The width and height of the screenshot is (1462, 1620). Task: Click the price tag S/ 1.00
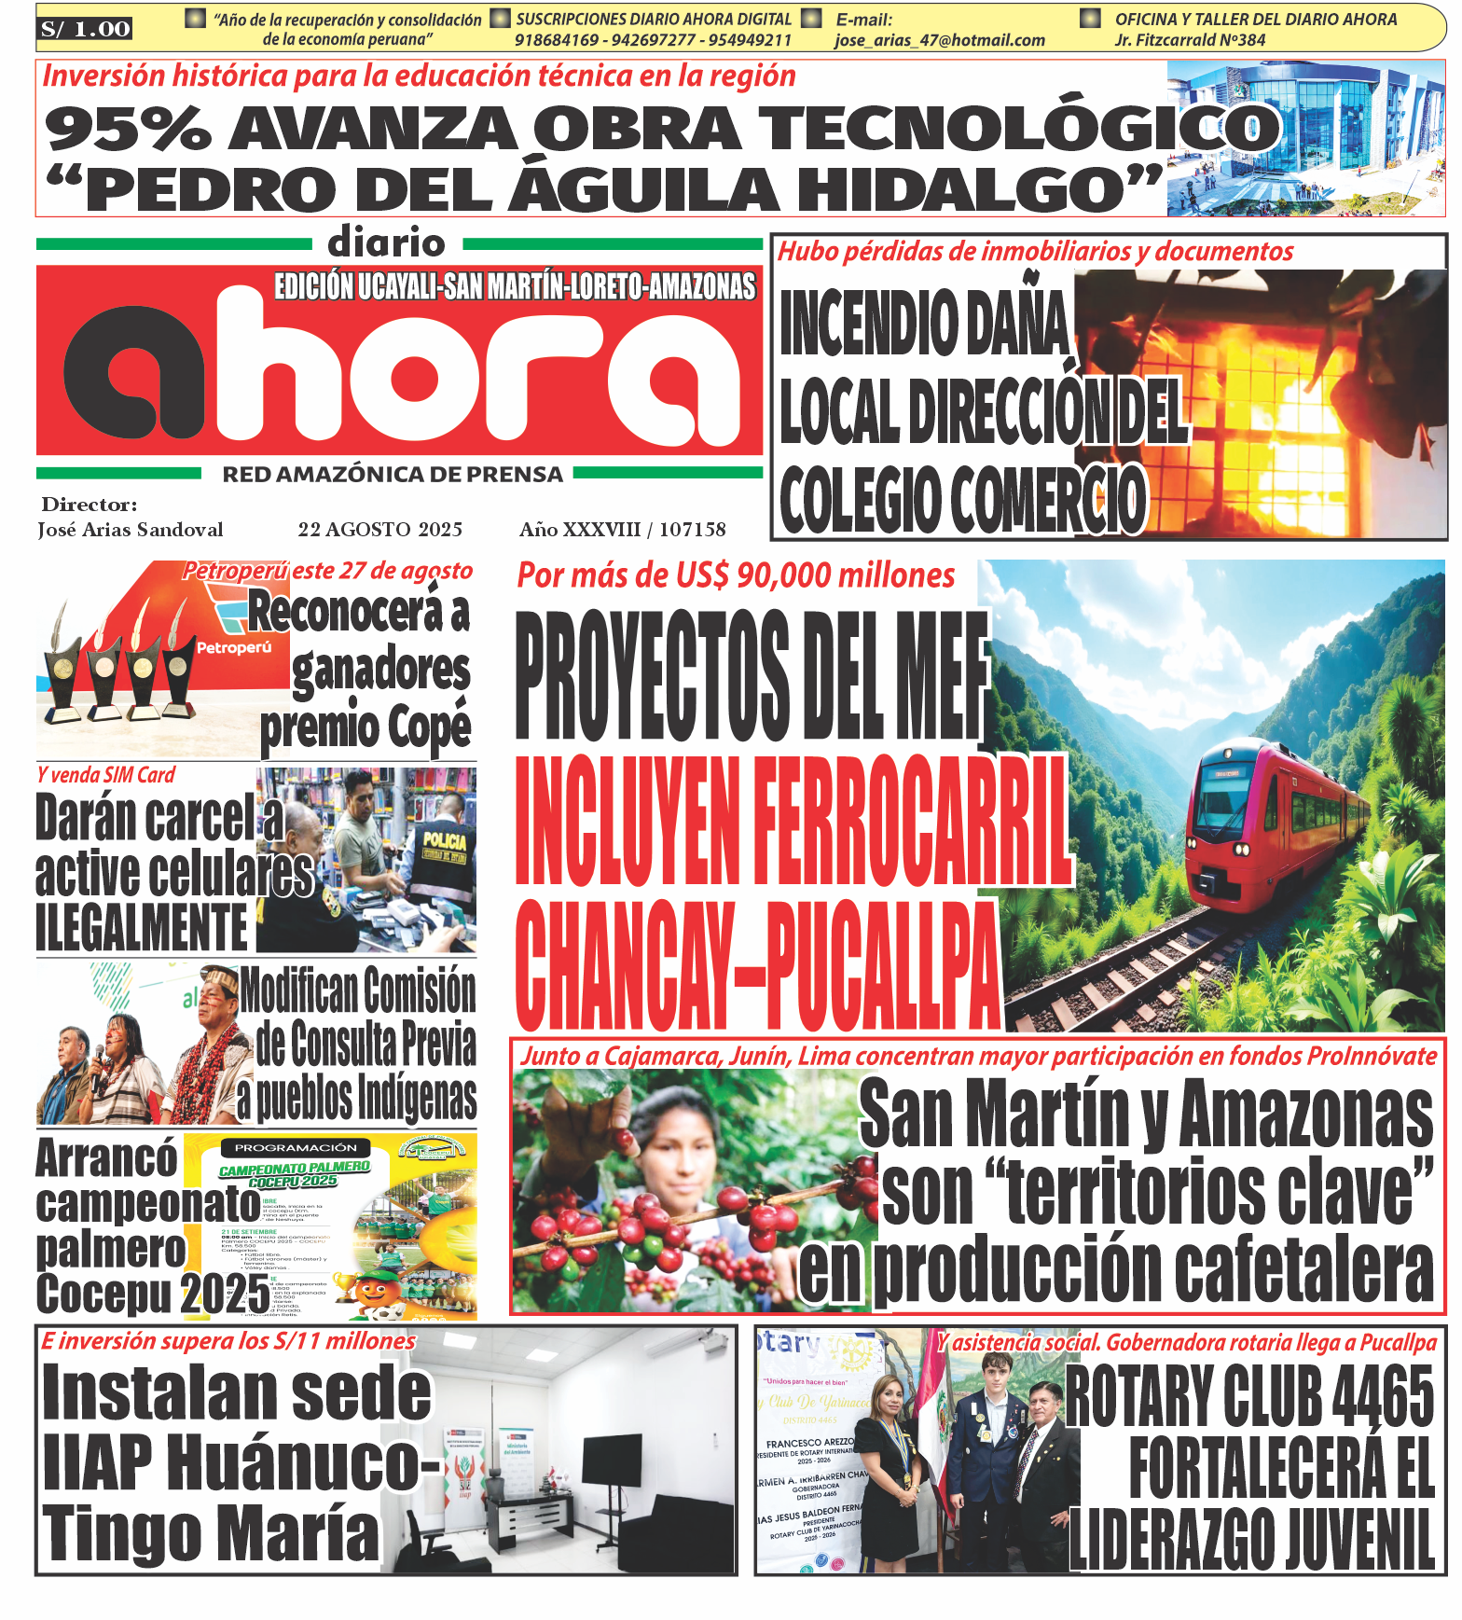point(85,29)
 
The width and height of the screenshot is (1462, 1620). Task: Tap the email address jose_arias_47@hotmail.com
point(939,40)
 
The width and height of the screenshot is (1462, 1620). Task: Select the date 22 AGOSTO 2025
point(379,530)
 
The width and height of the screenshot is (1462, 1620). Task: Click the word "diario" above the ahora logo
point(386,243)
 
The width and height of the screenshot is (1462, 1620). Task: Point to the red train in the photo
point(1268,821)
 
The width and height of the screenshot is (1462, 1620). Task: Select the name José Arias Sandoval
point(131,530)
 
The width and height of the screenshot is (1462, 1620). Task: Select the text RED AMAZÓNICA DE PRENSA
point(392,475)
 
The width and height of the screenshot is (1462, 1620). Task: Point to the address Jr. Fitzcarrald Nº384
point(1190,40)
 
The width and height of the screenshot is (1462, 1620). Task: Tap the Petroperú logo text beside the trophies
point(233,647)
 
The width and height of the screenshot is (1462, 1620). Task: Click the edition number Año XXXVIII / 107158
point(622,530)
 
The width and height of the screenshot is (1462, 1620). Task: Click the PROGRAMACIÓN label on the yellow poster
point(295,1147)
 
